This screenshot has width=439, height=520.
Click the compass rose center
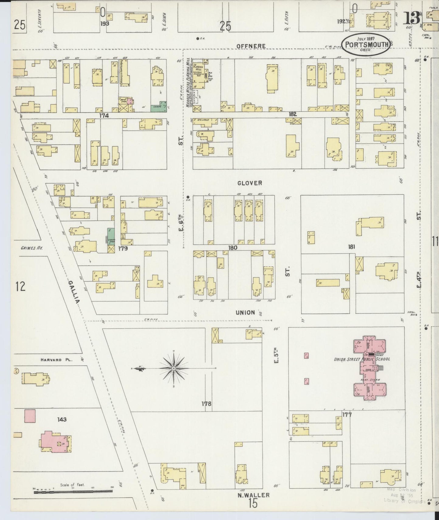pyautogui.click(x=173, y=369)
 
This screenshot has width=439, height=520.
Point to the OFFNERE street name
pyautogui.click(x=251, y=46)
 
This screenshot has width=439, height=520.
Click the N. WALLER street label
pyautogui.click(x=253, y=495)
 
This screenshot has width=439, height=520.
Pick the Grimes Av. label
pyautogui.click(x=32, y=248)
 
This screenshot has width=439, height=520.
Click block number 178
pyautogui.click(x=206, y=404)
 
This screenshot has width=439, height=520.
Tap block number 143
pyautogui.click(x=62, y=419)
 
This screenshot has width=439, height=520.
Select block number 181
pyautogui.click(x=352, y=247)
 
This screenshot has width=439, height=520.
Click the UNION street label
pyautogui.click(x=245, y=312)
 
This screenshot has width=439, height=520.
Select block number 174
pyautogui.click(x=104, y=116)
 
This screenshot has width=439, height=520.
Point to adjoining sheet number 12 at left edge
pyautogui.click(x=20, y=286)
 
